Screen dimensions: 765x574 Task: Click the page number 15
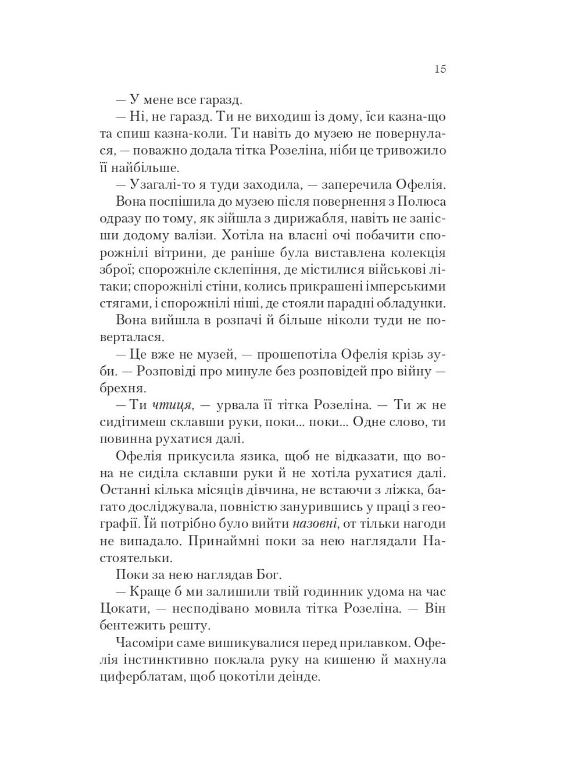coord(440,69)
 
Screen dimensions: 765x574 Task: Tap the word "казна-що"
coord(417,116)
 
